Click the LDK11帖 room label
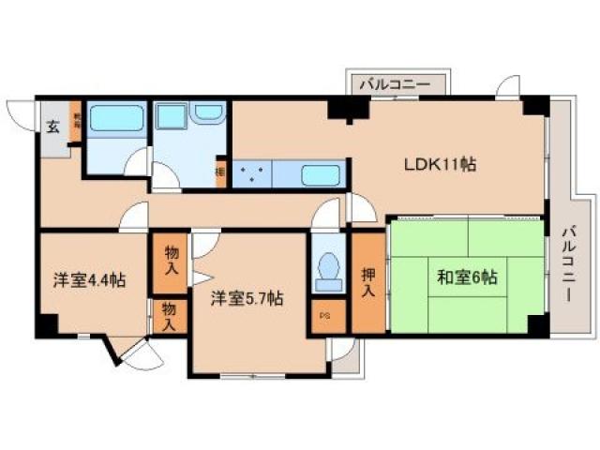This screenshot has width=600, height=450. click(x=441, y=164)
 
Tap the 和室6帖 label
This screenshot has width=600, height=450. click(x=465, y=277)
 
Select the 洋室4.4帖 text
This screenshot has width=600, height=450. click(x=89, y=279)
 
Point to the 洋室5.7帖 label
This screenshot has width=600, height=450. click(x=247, y=299)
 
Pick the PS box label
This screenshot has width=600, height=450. click(x=325, y=316)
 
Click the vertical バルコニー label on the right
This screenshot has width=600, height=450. click(x=568, y=262)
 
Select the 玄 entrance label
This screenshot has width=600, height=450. click(x=53, y=127)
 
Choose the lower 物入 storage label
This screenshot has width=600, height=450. click(x=168, y=317)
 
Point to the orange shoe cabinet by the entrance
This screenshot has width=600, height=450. click(x=75, y=122)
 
